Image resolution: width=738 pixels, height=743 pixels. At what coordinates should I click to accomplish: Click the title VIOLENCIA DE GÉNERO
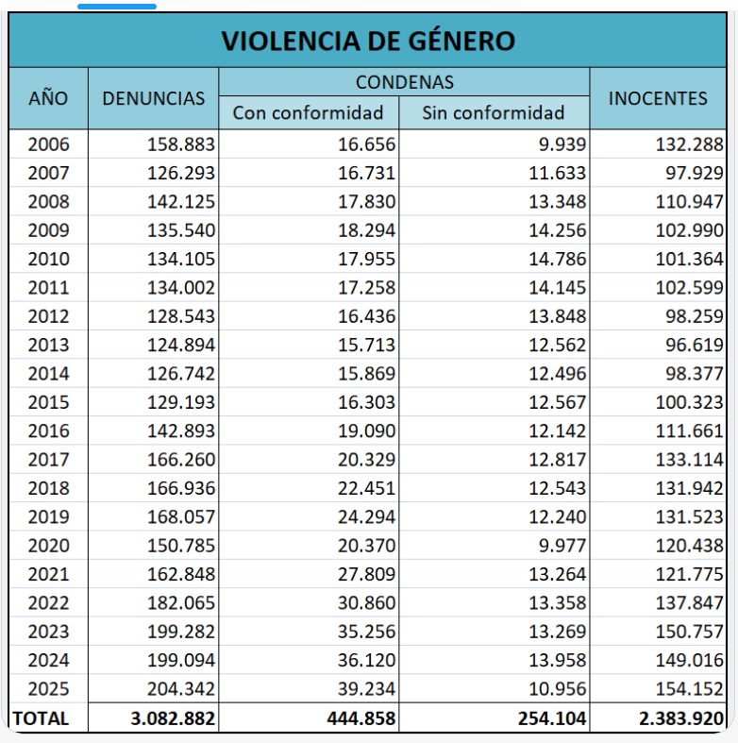pyautogui.click(x=368, y=42)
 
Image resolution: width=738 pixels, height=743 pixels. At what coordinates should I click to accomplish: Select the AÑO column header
pyautogui.click(x=48, y=98)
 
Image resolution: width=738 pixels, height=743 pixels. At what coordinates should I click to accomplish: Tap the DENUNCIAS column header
pyautogui.click(x=153, y=98)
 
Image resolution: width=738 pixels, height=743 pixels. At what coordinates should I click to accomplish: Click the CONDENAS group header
pyautogui.click(x=404, y=82)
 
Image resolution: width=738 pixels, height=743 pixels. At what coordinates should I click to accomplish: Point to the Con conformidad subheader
pyautogui.click(x=308, y=113)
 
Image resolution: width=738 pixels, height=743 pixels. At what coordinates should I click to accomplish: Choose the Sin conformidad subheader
pyautogui.click(x=493, y=113)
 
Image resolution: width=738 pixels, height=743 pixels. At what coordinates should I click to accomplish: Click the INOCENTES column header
pyautogui.click(x=658, y=98)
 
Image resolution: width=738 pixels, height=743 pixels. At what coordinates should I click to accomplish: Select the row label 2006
pyautogui.click(x=48, y=144)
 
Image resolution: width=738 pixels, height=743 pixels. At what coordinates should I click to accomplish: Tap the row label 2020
pyautogui.click(x=48, y=546)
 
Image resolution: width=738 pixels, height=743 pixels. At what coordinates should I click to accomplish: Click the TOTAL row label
pyautogui.click(x=41, y=718)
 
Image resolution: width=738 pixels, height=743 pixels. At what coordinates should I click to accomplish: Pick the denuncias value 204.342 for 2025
pyautogui.click(x=181, y=689)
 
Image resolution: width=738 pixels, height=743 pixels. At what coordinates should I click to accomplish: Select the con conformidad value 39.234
pyautogui.click(x=365, y=689)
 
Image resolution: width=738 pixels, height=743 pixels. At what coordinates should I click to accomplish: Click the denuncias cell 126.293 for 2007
pyautogui.click(x=181, y=173)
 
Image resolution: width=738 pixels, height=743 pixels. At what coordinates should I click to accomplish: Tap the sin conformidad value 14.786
pyautogui.click(x=556, y=259)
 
